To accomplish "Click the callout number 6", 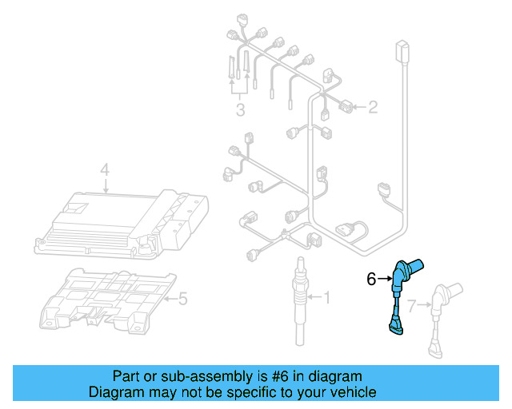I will [371, 280].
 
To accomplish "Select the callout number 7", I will [411, 305].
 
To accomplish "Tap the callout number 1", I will [326, 298].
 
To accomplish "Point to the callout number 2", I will [372, 106].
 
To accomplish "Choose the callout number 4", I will [105, 169].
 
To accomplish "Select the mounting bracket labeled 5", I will [108, 300].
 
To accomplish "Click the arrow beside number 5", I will [168, 300].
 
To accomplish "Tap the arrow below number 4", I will [105, 185].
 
